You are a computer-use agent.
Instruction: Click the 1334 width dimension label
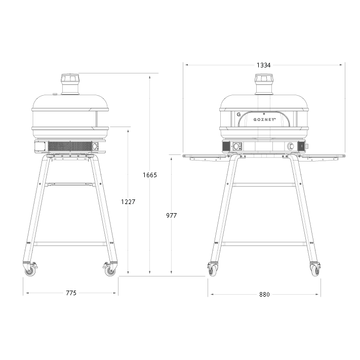click(264, 65)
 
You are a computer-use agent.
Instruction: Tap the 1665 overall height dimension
click(150, 175)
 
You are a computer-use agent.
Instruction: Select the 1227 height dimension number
click(128, 202)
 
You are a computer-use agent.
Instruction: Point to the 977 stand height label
click(172, 215)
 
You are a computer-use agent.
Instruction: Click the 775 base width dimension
click(71, 293)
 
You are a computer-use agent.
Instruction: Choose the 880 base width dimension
click(264, 294)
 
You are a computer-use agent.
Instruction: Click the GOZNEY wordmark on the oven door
click(264, 119)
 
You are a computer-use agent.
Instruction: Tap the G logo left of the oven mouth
click(238, 114)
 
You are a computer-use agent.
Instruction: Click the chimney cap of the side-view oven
click(70, 78)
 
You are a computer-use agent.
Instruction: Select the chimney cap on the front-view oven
click(264, 78)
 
